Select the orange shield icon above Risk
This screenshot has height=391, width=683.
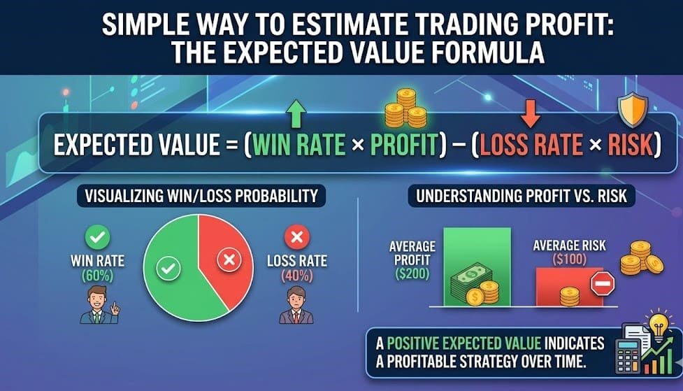click(x=633, y=109)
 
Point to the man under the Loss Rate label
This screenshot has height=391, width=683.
click(x=295, y=306)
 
